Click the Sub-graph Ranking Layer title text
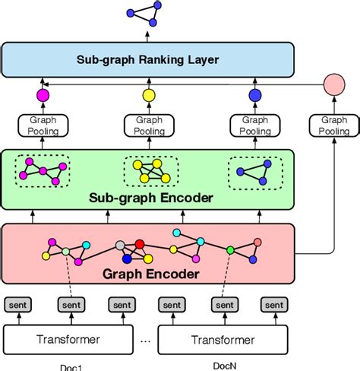point(147,59)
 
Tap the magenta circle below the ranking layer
point(43,95)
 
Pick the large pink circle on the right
point(334,84)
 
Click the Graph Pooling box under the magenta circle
point(43,125)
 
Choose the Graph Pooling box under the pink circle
point(334,125)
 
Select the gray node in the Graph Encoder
point(119,245)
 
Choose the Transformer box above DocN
point(223,337)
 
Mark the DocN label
point(223,366)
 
